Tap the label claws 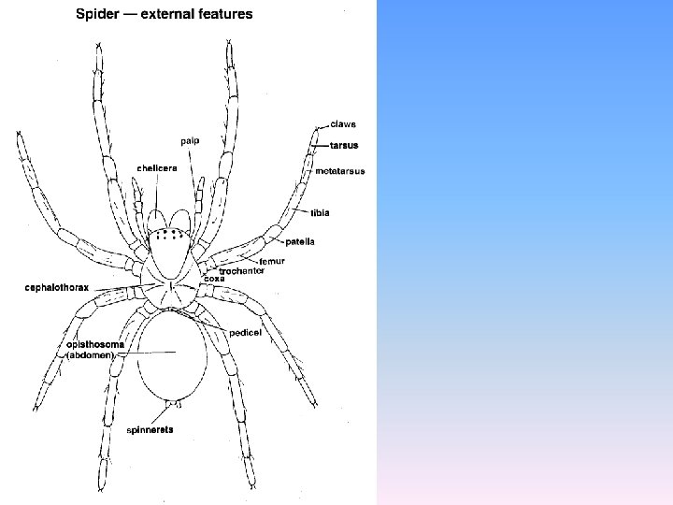pos(343,124)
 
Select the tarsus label pos(344,146)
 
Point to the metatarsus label pos(339,171)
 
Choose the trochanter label pos(241,270)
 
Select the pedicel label pos(244,332)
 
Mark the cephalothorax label pos(57,288)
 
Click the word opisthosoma pos(95,344)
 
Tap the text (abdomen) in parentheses pos(90,355)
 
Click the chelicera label pos(157,168)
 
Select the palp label pos(190,141)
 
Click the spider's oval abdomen pos(172,355)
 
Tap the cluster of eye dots pos(168,235)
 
